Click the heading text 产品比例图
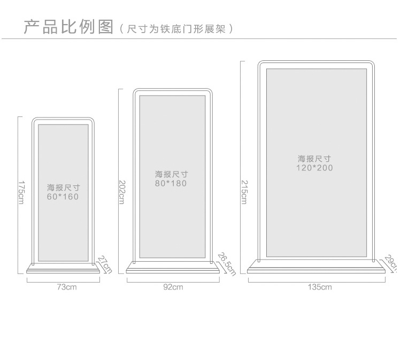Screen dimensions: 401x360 [68, 26]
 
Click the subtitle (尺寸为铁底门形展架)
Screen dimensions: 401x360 [176, 28]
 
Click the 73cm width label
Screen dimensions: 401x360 [67, 287]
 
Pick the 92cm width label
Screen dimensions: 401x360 [173, 287]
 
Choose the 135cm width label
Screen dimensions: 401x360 [320, 287]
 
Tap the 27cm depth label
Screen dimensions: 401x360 [104, 264]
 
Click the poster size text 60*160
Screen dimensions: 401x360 [63, 197]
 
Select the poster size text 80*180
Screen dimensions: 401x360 [171, 183]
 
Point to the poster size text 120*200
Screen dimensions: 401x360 [314, 168]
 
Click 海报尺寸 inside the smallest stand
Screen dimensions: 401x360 [63, 187]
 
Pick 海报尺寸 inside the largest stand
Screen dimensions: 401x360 [314, 159]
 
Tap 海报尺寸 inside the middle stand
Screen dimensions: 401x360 [171, 174]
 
